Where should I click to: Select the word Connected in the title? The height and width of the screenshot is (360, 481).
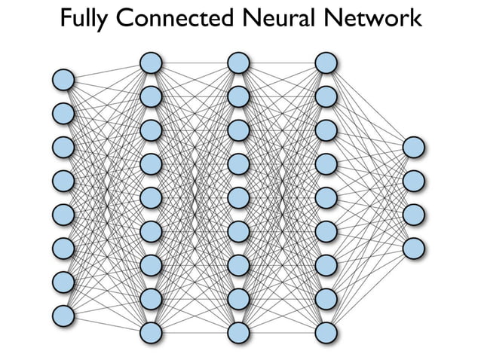click(168, 18)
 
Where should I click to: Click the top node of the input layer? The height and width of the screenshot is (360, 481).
click(63, 79)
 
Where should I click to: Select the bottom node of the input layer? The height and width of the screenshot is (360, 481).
click(63, 315)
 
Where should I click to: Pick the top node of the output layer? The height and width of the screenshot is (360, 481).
click(414, 147)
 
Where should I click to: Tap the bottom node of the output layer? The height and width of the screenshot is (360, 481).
click(414, 248)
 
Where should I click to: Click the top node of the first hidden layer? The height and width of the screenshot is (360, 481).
click(151, 63)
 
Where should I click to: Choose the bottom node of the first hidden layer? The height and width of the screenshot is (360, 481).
click(151, 332)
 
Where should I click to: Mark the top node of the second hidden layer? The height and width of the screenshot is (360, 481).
click(238, 63)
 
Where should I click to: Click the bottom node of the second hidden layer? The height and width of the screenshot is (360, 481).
click(238, 332)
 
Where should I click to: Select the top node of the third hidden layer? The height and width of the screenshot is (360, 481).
click(326, 63)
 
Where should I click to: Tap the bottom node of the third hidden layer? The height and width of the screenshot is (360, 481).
click(326, 332)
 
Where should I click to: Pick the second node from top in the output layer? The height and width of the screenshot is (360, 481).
click(414, 181)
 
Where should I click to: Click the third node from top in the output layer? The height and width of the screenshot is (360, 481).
click(414, 214)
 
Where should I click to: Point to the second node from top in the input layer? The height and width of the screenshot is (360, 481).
click(63, 113)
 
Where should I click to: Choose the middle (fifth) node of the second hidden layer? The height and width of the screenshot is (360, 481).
click(238, 197)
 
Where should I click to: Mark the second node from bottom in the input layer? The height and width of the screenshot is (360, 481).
click(63, 281)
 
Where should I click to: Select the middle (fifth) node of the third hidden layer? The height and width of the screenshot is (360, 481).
click(326, 197)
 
